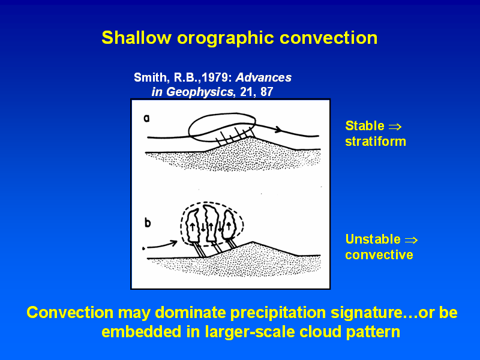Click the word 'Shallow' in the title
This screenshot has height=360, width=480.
point(136,38)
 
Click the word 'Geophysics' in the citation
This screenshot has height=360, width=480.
point(199,92)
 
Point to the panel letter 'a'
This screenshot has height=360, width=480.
point(146,118)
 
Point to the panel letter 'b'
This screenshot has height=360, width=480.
point(148,223)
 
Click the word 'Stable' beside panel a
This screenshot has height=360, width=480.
point(365,126)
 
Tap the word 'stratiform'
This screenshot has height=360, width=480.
point(376,142)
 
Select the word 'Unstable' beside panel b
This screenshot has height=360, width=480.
point(373,239)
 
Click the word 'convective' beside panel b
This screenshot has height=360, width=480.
point(379,254)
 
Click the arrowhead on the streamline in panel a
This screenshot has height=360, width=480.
point(278,129)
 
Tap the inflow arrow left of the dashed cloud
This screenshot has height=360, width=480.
point(160,245)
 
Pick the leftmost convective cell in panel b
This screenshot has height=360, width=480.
point(193,226)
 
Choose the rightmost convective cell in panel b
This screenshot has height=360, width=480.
point(229,226)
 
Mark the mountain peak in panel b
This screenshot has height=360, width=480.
point(253,242)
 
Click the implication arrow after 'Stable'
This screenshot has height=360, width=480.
point(395,127)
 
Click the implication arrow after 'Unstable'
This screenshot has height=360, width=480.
point(411,240)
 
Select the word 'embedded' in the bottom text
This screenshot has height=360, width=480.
point(141,332)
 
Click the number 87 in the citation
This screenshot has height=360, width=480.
point(266,92)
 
